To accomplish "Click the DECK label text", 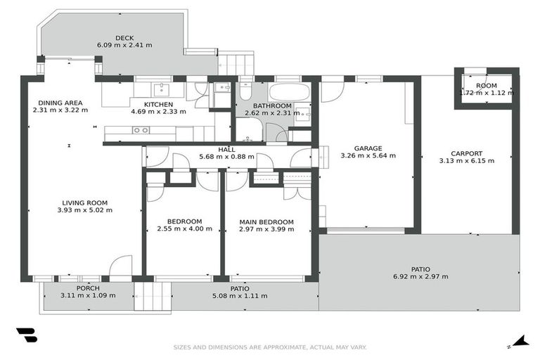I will pos(124,38).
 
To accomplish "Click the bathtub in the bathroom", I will pos(289,92).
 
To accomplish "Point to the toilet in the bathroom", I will pos(245,91).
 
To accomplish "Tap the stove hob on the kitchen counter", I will pos(141,130).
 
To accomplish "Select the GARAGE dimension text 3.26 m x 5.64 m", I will pos(368,156).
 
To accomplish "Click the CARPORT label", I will pos(466,153).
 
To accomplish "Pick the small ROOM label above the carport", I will pos(486,86).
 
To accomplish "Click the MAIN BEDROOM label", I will pos(266,221).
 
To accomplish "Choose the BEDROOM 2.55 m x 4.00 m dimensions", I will pos(184,229).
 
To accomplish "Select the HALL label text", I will pos(226,149).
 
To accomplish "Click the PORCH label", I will pos(88,288).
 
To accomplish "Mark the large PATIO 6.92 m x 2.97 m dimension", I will pos(420,276).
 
